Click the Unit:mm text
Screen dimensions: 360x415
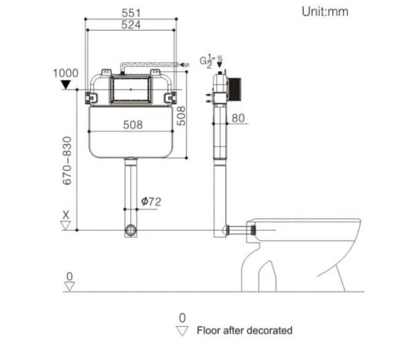[325, 11]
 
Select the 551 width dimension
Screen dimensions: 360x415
[131, 13]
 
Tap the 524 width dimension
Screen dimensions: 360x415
[131, 25]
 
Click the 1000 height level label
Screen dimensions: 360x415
[66, 73]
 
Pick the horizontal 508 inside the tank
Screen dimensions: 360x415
[132, 124]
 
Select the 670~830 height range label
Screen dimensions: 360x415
[68, 161]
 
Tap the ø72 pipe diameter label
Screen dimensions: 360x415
[151, 201]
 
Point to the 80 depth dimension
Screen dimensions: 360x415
[238, 118]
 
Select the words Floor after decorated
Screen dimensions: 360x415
[244, 331]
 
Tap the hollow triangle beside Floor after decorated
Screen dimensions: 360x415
[182, 331]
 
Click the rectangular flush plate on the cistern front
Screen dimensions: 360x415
[131, 90]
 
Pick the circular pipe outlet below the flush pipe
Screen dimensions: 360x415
[131, 231]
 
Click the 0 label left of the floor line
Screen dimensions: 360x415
[69, 277]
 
